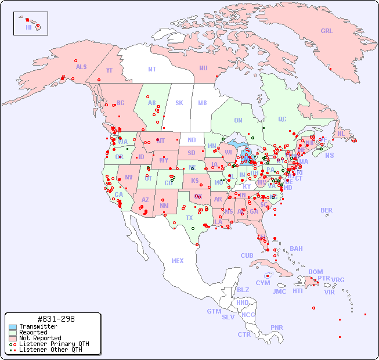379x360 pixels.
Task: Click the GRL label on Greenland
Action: coord(327,31)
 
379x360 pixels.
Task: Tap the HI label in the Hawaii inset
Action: coord(28,27)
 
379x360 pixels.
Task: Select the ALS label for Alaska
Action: coord(81,67)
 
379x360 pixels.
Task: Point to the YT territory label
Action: coord(109,70)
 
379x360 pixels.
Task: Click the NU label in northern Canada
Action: coord(203,68)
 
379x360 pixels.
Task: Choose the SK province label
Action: coord(179,103)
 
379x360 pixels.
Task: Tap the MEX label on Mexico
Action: coord(178,261)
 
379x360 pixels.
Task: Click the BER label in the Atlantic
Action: coord(327,210)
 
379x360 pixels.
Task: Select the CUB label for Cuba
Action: coord(247,255)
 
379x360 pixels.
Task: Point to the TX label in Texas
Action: coord(189,218)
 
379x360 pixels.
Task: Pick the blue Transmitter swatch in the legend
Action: coord(13,327)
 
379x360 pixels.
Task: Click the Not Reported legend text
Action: coord(40,338)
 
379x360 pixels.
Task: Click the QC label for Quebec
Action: coord(282,119)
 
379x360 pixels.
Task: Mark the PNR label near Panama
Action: coord(277,327)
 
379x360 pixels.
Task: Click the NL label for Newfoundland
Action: coord(341,134)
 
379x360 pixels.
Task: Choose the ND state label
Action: coord(192,140)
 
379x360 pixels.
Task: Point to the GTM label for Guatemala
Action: coord(214,311)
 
